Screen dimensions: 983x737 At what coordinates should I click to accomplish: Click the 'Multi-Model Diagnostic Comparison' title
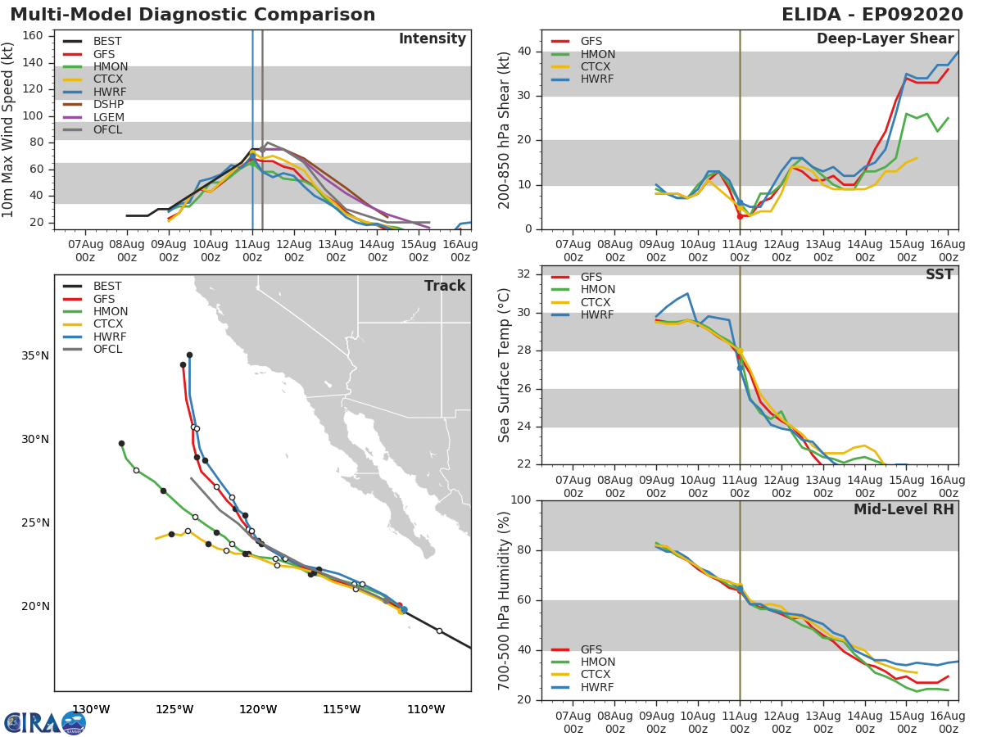[x=193, y=15]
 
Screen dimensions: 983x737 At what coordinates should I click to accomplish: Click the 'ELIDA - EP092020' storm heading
[x=872, y=15]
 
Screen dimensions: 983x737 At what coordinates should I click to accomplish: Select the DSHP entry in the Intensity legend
[x=93, y=104]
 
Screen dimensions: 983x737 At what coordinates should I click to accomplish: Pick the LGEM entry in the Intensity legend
[x=93, y=117]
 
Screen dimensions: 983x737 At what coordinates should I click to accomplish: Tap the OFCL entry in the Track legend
[x=93, y=349]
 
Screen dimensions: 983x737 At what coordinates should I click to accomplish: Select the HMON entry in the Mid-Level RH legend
[x=582, y=662]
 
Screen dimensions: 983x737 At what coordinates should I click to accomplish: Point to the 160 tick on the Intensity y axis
[x=33, y=36]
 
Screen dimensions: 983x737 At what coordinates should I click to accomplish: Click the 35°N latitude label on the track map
[x=35, y=355]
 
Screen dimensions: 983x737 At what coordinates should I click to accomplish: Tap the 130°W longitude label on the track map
[x=92, y=710]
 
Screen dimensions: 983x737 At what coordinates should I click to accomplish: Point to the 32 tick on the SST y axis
[x=524, y=274]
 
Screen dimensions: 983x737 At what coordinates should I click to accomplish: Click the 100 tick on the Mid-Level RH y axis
[x=521, y=500]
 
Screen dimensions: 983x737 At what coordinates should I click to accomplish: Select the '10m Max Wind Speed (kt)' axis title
[x=7, y=129]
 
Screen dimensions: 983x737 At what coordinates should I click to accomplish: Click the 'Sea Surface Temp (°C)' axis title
[x=504, y=365]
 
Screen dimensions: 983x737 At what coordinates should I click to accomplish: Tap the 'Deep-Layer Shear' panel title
[x=886, y=38]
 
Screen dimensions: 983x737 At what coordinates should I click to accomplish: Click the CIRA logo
[x=45, y=723]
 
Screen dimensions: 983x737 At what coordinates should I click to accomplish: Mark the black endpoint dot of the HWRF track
[x=189, y=355]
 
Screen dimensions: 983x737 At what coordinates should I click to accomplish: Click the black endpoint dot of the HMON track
[x=121, y=444]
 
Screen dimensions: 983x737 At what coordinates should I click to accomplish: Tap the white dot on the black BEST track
[x=439, y=631]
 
